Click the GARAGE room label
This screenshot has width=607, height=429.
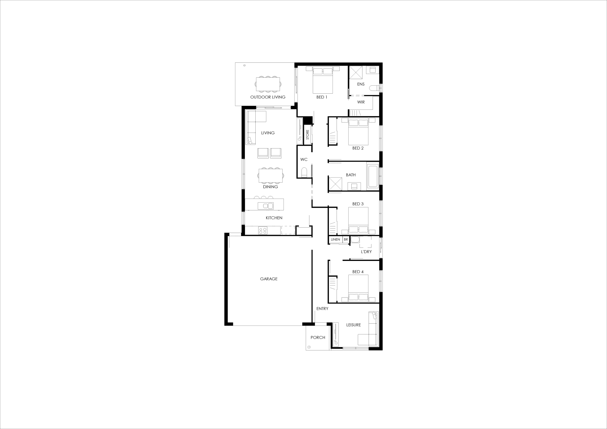click(x=269, y=279)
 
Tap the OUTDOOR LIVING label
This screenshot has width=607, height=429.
click(x=268, y=97)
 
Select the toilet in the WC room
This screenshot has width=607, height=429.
click(x=304, y=172)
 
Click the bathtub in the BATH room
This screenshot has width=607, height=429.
click(x=372, y=176)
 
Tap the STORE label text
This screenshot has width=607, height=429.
click(x=308, y=135)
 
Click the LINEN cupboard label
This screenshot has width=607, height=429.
click(x=336, y=239)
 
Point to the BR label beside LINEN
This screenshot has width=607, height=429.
click(x=346, y=239)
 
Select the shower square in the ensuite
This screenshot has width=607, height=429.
click(x=356, y=73)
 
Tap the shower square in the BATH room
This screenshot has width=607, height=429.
click(x=335, y=184)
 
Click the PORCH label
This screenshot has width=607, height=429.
click(x=318, y=338)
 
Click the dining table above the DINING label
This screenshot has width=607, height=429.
click(x=271, y=176)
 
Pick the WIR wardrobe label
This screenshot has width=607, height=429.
click(x=361, y=102)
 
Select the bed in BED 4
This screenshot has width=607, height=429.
click(x=358, y=288)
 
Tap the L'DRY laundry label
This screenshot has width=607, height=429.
click(x=366, y=252)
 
